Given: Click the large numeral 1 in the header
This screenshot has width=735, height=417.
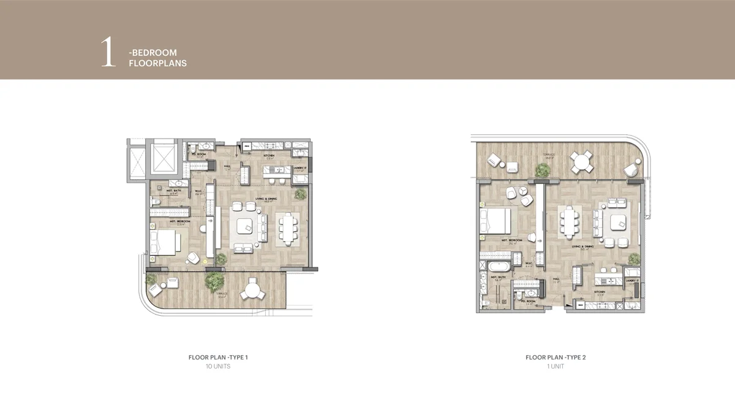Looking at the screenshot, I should (x=108, y=53).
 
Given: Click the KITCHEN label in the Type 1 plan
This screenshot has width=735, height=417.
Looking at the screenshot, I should (x=269, y=156).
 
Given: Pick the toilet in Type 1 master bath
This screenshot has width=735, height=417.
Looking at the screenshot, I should (x=156, y=201).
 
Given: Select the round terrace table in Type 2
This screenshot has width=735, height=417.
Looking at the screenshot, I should (x=580, y=163).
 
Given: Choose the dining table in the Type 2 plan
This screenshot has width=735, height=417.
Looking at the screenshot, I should (x=570, y=223).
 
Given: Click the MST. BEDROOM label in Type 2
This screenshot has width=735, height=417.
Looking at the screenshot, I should (x=510, y=240).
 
